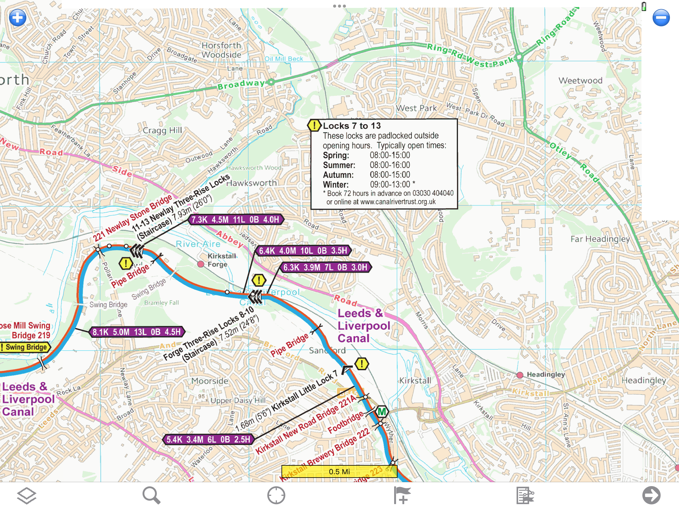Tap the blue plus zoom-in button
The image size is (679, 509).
tap(17, 18)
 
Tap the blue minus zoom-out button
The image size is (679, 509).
tap(661, 18)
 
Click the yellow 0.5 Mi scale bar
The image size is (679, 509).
tap(339, 471)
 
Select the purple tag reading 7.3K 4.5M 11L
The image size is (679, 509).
tap(235, 220)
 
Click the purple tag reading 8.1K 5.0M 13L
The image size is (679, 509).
tap(136, 332)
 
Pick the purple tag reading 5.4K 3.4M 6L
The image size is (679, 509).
tap(209, 439)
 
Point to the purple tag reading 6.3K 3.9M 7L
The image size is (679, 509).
tap(325, 267)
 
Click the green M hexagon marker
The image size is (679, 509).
tap(382, 412)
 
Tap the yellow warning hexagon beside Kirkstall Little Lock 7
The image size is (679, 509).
tap(361, 364)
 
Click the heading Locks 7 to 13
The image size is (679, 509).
tap(352, 126)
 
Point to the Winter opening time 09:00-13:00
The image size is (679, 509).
tap(390, 184)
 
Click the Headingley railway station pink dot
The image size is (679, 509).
tap(520, 375)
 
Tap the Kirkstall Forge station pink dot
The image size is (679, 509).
tap(201, 264)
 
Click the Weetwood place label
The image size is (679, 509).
tap(580, 81)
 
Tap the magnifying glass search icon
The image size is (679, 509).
tap(151, 495)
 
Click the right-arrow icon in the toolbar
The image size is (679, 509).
tap(651, 495)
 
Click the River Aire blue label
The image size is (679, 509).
tap(198, 244)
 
